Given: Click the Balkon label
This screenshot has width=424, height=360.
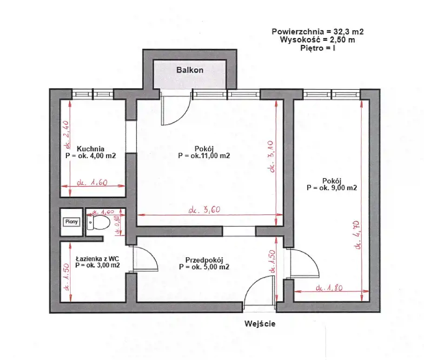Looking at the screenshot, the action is tap(190, 70).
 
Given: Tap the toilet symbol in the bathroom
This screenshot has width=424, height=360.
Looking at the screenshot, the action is tap(99, 223).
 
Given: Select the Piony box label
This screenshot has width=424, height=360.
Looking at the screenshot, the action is tap(72, 222).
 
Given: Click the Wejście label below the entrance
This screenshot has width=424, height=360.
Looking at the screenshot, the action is tap(260, 323).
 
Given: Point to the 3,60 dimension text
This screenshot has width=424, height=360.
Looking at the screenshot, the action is tap(205, 210).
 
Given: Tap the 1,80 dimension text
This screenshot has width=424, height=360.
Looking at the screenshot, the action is tap(329, 288).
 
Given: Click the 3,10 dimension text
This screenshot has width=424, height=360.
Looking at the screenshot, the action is tap(272, 157).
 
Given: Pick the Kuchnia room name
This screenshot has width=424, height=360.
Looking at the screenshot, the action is tap(91, 149).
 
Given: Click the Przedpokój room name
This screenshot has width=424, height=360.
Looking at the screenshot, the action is tap(204, 260).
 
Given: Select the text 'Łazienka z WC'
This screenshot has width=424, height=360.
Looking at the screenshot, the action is tap(97, 259).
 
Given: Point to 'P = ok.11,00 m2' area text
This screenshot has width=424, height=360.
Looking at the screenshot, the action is tap(204, 156).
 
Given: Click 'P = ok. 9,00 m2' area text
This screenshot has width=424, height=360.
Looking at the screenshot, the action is tap(332, 188).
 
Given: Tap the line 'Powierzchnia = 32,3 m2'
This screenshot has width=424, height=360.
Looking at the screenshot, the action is tap(318, 32).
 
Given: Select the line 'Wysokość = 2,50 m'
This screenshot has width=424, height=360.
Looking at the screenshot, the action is tap(318, 40).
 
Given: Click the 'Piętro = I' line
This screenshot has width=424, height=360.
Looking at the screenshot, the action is tap(318, 48).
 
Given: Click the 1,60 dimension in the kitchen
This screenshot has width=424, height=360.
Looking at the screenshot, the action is tap(92, 183).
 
